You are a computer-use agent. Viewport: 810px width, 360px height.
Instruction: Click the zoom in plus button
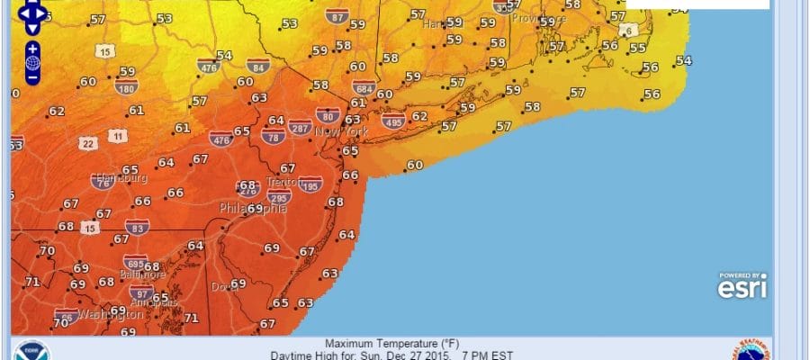pos(32,48)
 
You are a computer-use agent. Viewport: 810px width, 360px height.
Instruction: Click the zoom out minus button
pos(32,77)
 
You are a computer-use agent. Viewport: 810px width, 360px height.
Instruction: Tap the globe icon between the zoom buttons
pos(32,63)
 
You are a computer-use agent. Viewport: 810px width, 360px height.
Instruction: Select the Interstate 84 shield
pos(257,65)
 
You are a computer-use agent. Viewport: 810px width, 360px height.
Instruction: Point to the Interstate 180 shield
pos(126,87)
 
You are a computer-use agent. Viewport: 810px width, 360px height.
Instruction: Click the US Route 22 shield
pos(87,143)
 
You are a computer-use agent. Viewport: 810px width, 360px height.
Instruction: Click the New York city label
pos(342,132)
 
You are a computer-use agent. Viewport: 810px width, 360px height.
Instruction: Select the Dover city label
pos(221,286)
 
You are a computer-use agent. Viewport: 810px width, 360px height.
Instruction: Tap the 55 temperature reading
pos(637,49)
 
